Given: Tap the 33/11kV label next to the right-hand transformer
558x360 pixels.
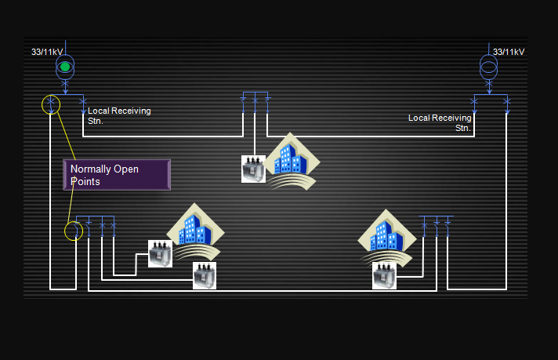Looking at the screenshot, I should pos(511,52).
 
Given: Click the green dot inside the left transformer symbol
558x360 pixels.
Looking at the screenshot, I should pos(65,67).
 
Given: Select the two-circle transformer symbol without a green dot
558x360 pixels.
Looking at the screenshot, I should pos(488,66).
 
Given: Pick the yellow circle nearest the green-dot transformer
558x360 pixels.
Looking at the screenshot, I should pos(50,104).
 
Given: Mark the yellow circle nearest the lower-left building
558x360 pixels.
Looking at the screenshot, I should pos(73,230).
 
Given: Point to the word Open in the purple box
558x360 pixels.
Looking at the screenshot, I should pos(130,169).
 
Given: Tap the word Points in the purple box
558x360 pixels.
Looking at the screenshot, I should pos(85,181).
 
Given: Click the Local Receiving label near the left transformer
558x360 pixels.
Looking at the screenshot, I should pos(119,111).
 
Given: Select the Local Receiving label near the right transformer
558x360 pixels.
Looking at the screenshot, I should pos(440,118).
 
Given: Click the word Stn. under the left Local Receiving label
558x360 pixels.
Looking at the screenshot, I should pos(96,122).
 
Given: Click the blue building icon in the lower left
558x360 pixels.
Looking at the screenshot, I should pos(194,230).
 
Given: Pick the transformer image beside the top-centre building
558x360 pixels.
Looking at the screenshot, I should pos(253,169).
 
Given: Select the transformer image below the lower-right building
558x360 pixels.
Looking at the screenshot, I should pos(384,277).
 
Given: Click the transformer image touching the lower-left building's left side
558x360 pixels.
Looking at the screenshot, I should pos(160,253).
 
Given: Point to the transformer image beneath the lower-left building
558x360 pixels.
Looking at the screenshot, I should pos(204,275).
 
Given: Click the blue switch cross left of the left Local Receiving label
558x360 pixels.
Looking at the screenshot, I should pos(83,102).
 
